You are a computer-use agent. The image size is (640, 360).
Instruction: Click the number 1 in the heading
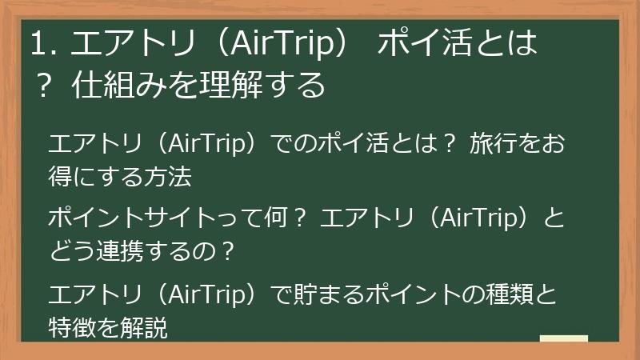pyautogui.click(x=37, y=45)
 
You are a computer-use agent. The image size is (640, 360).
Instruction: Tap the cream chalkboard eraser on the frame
pyautogui.click(x=564, y=338)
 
